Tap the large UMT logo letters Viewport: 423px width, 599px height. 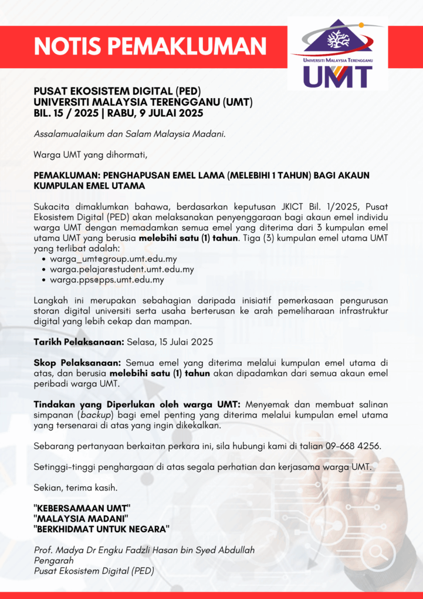(338, 76)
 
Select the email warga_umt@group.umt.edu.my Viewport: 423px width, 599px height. (113, 258)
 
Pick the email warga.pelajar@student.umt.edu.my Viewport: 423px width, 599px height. (121, 270)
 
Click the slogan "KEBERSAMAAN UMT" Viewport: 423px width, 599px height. (82, 507)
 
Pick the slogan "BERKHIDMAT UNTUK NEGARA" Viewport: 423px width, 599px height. (101, 529)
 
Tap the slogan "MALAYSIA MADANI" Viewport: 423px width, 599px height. (80, 518)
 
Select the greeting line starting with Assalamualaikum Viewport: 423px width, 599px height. (130, 134)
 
